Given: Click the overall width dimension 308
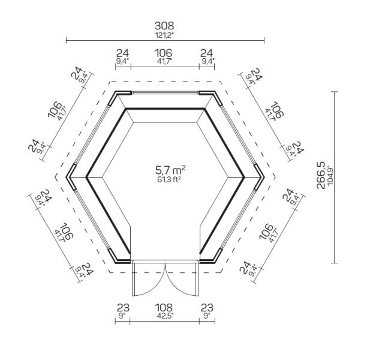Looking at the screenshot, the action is [164, 26].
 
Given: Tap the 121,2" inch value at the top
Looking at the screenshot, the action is [164, 35].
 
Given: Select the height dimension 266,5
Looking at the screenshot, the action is [321, 175].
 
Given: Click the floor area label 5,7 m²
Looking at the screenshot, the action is [170, 170].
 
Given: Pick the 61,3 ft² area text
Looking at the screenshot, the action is [170, 179].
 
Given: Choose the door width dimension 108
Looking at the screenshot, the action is [164, 308].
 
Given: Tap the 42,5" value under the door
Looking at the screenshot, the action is [166, 316].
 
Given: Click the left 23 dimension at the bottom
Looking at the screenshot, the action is [123, 308].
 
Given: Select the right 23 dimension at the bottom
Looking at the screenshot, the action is [207, 308].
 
